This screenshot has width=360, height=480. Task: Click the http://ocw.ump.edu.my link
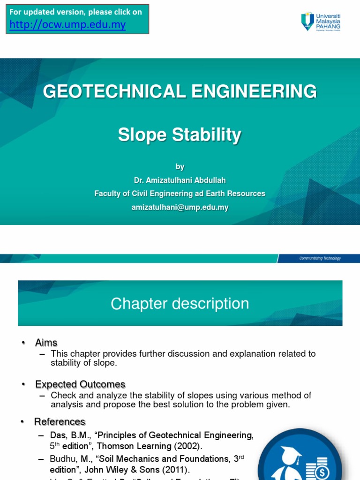[68, 25]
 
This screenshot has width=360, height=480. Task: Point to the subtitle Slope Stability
[180, 135]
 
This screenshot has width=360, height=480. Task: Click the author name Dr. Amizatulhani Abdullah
[180, 180]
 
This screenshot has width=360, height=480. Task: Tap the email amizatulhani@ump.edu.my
[180, 207]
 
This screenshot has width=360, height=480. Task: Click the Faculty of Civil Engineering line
[180, 194]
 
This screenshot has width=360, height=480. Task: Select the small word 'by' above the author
[180, 166]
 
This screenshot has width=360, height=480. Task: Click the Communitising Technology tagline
[320, 258]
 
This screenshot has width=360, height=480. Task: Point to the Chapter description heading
[180, 304]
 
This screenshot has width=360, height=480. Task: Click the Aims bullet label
[46, 343]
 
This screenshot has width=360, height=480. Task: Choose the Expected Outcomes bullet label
[80, 384]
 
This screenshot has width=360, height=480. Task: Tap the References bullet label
[60, 421]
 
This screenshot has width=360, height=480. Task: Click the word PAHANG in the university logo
[329, 27]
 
